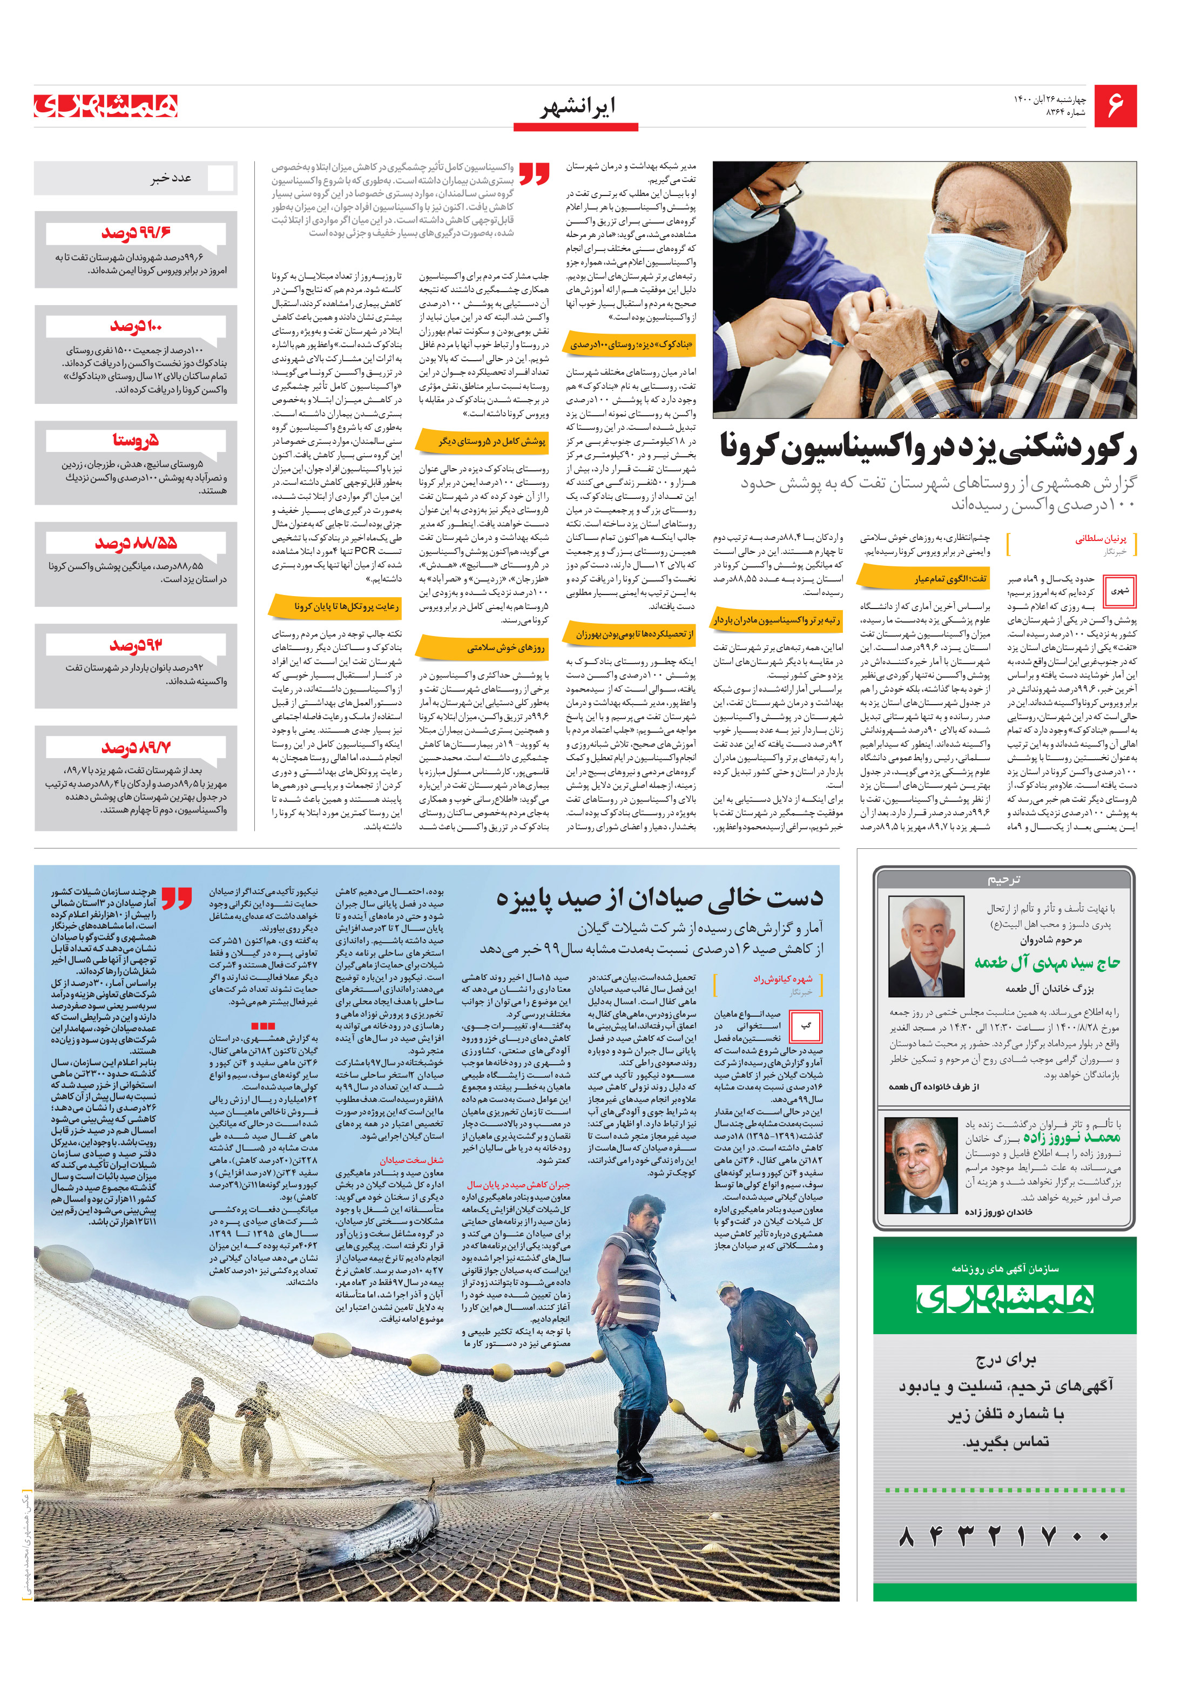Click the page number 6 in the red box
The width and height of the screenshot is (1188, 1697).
1114,106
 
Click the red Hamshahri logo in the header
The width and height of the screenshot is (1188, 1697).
106,106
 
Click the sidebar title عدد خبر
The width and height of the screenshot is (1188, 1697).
172,178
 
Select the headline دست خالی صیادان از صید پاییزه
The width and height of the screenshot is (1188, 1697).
659,897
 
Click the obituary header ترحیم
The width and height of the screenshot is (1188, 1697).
1004,880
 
